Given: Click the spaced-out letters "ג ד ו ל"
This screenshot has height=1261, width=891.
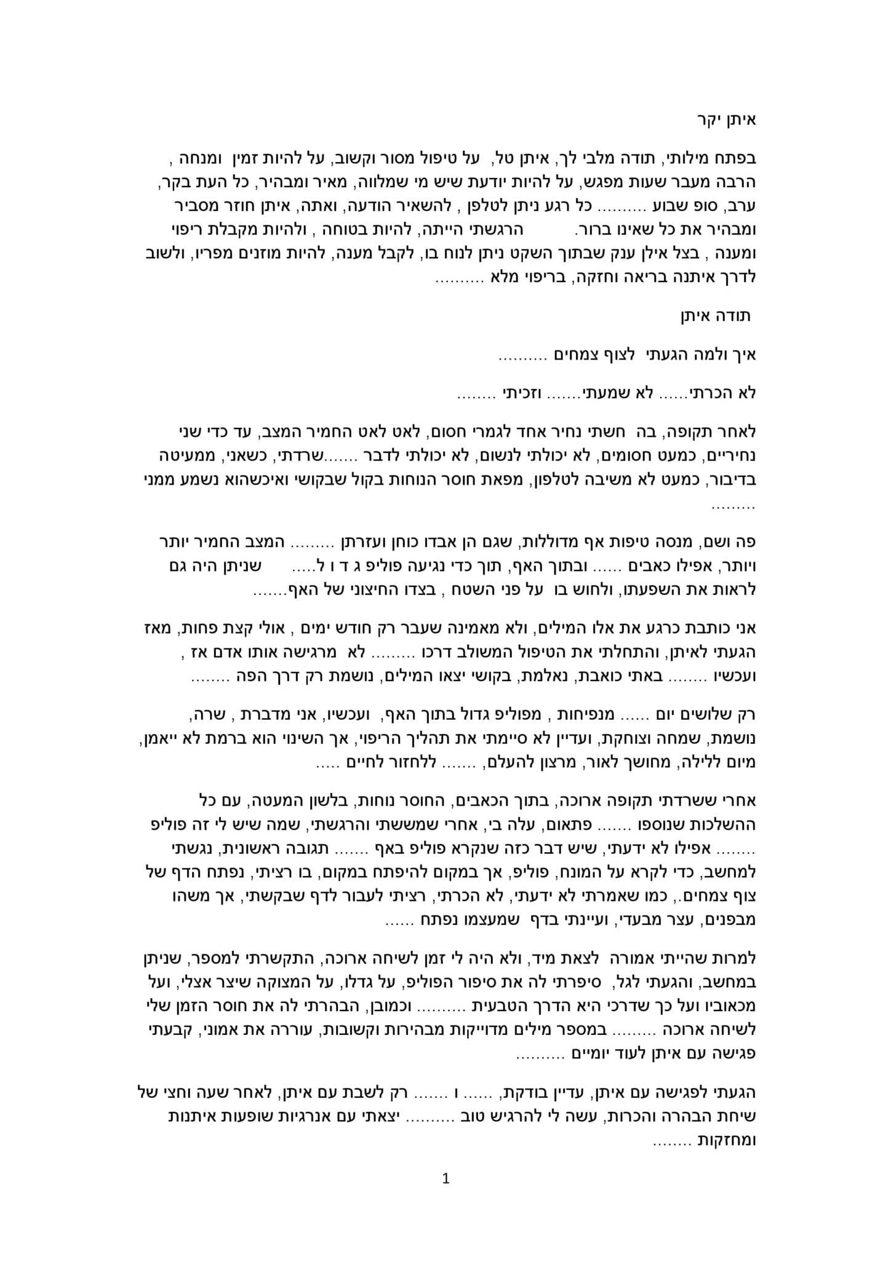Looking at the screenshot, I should (335, 566).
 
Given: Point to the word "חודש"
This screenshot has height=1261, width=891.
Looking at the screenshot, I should (350, 629).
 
